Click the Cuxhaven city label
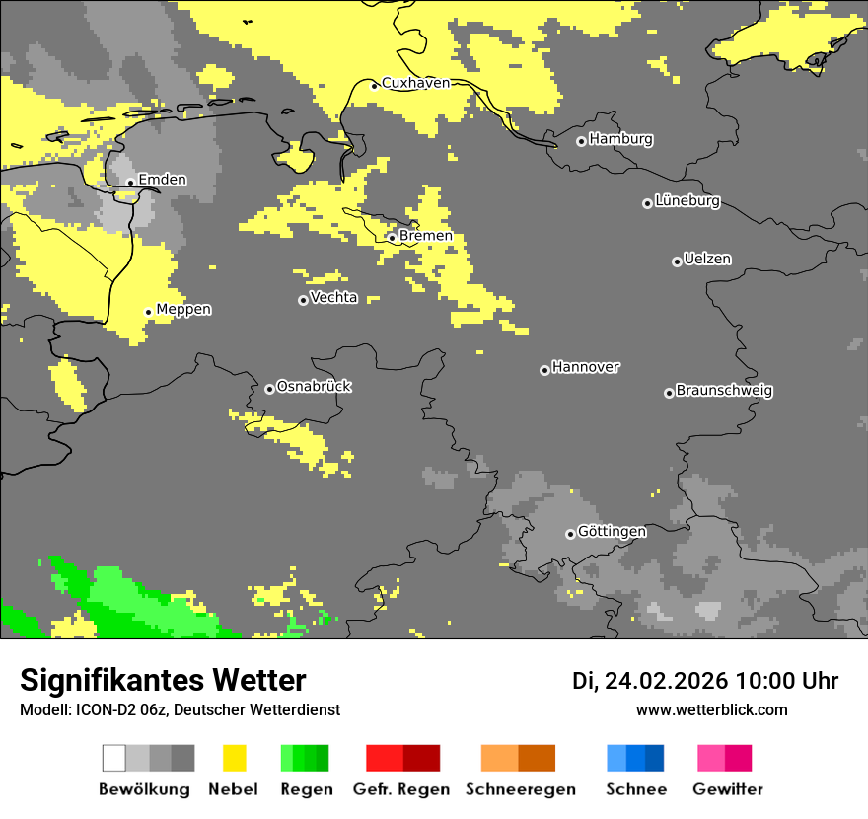coord(415,83)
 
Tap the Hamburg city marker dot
coord(581,141)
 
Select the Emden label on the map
coord(162,180)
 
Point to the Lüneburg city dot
coord(647,203)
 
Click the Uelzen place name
coord(707,260)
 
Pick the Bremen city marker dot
coord(392,238)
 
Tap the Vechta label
coord(333,297)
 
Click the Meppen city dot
coord(149,312)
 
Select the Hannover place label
coord(586,367)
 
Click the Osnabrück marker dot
coord(269,389)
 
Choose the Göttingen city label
coord(612,532)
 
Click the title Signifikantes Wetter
coord(163,680)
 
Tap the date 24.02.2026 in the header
coord(666,681)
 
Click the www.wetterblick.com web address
coord(711,709)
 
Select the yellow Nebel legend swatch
coord(234,758)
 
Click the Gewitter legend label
coord(727,789)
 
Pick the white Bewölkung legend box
coord(114,758)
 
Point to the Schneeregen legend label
coord(521,789)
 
